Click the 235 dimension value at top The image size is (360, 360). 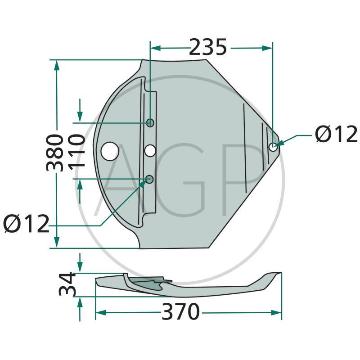click(208, 47)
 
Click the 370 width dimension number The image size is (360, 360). click(180, 312)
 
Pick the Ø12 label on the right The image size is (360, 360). click(336, 134)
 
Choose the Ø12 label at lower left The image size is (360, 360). click(26, 224)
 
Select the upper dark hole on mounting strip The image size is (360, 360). click(150, 123)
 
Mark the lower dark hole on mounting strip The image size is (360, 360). click(150, 180)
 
